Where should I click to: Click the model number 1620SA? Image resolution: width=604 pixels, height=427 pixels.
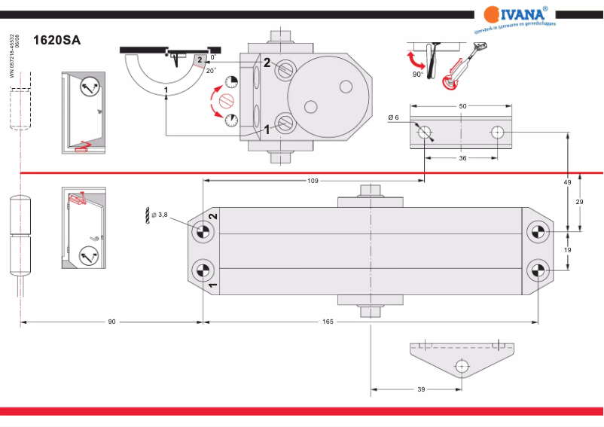[56, 41]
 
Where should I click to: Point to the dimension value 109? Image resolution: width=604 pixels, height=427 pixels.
[313, 181]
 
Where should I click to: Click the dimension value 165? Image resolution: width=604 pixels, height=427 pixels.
[328, 322]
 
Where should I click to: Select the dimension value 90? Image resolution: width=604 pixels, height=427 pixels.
[111, 322]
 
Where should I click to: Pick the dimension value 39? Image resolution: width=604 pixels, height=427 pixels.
[421, 389]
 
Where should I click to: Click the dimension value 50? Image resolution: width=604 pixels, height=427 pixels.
[462, 107]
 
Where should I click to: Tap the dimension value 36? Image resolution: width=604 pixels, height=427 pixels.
[462, 158]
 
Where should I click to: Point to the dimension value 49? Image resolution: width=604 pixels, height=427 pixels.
[568, 182]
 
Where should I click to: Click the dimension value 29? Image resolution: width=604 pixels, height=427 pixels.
[580, 203]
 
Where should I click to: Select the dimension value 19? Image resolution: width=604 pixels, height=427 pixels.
[568, 249]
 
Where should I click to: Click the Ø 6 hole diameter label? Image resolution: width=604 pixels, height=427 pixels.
[393, 117]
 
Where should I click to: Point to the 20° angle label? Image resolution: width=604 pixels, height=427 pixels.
[210, 70]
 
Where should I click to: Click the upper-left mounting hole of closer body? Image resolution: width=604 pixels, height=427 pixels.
[202, 232]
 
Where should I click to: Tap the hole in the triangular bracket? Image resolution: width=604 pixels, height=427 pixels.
[461, 367]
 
